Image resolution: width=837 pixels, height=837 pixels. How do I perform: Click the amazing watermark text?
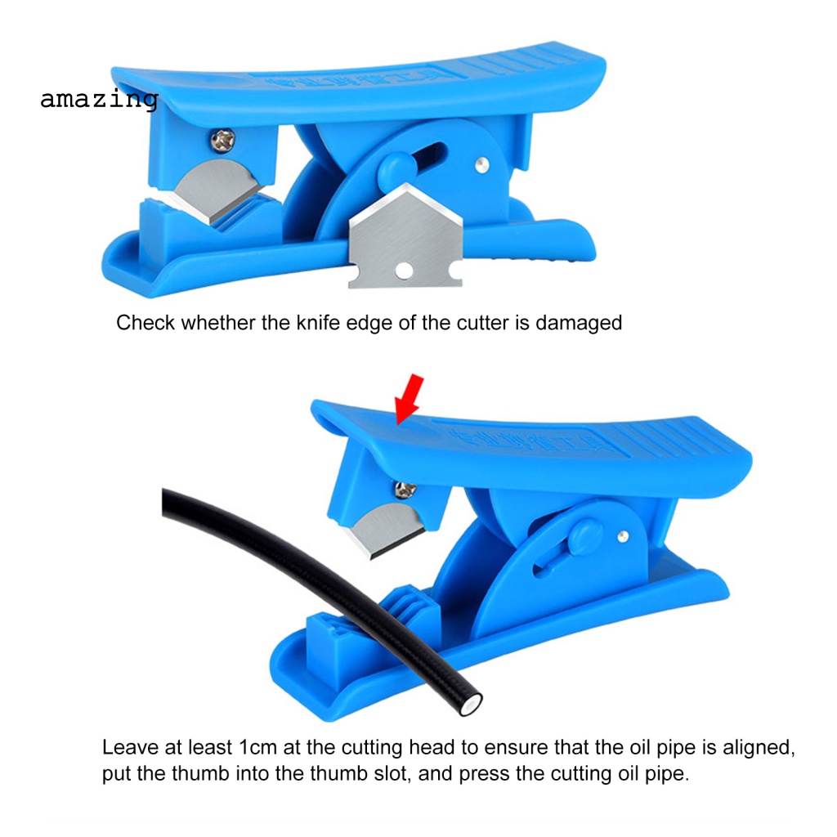(x=98, y=100)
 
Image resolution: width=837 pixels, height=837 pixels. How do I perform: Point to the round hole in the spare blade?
(x=401, y=270)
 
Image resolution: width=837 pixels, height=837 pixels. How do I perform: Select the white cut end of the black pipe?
(x=471, y=699)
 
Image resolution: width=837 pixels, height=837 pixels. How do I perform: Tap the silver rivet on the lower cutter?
(x=623, y=535)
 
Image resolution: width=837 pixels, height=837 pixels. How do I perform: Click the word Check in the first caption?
(x=145, y=323)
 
